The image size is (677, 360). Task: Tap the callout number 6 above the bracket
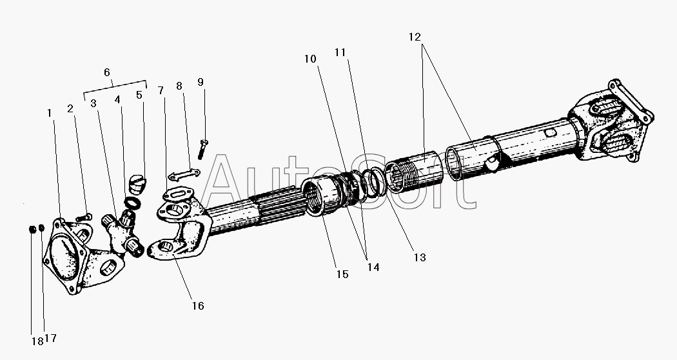tap(107, 72)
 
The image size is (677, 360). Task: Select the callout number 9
tap(201, 82)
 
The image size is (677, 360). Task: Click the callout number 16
tap(198, 306)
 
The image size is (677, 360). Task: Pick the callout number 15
tap(342, 274)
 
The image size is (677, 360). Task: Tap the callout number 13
tap(420, 257)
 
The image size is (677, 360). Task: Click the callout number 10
tap(310, 59)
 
